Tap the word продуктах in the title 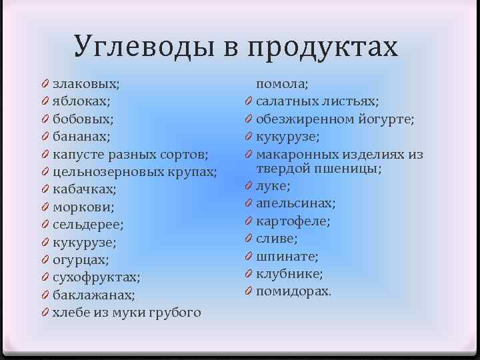pyautogui.click(x=322, y=48)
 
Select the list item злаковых pyautogui.click(x=86, y=84)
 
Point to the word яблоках pyautogui.click(x=81, y=102)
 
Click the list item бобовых pyautogui.click(x=83, y=119)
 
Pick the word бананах pyautogui.click(x=81, y=137)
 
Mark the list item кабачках pyautogui.click(x=84, y=190)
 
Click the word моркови pyautogui.click(x=83, y=207)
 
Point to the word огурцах pyautogui.click(x=80, y=260)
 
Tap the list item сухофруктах pyautogui.click(x=96, y=277)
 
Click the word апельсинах pyautogui.click(x=296, y=203)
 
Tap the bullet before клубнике pyautogui.click(x=247, y=274)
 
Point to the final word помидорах pyautogui.click(x=293, y=291)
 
